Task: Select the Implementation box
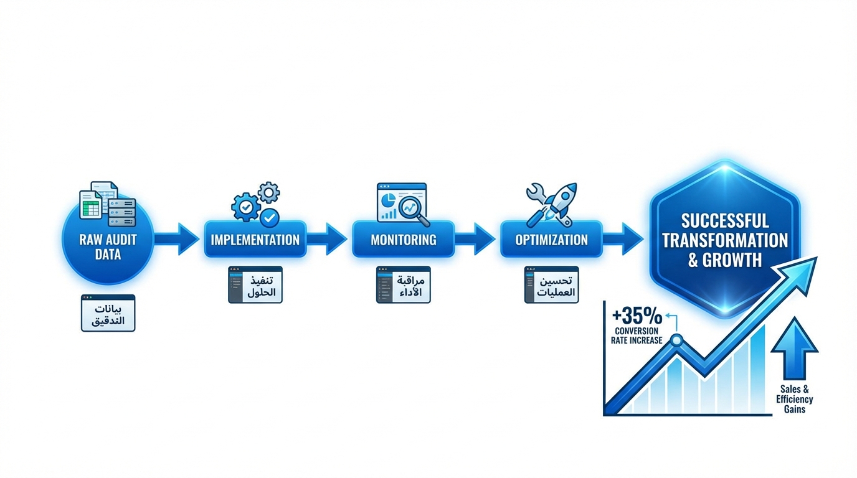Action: [255, 240]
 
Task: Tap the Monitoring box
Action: [404, 240]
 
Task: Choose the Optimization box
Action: [551, 240]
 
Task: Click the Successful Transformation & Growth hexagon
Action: [724, 240]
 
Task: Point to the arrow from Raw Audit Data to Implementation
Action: [177, 240]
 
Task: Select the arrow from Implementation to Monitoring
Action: [327, 240]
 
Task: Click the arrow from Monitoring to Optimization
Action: [475, 240]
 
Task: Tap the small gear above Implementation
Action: [268, 192]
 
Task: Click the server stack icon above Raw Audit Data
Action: [122, 212]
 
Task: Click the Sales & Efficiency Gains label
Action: [794, 399]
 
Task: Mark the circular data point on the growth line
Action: [676, 340]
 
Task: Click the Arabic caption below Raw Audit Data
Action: [108, 314]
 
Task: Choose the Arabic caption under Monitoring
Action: [404, 285]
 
